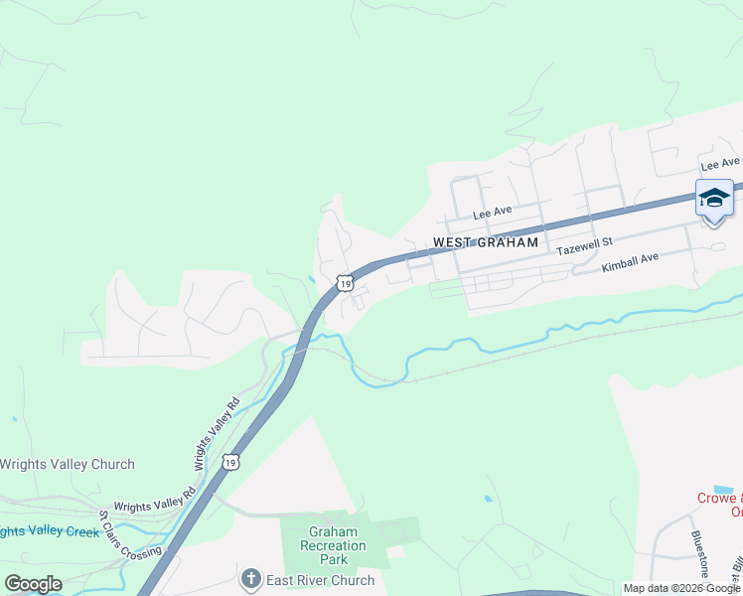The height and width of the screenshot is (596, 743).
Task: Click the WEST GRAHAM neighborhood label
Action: (486, 242)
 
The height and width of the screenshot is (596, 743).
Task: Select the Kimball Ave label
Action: (631, 263)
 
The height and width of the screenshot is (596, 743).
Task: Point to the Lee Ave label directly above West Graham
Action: (492, 213)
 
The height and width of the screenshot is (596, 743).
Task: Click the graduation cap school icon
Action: (714, 200)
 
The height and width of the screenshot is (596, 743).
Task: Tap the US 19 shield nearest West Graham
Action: (344, 283)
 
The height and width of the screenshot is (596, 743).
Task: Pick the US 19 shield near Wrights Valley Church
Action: (229, 462)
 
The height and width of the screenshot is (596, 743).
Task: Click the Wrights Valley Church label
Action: (67, 464)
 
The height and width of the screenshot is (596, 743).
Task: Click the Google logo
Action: (33, 583)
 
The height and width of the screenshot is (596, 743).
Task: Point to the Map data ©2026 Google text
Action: (681, 588)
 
